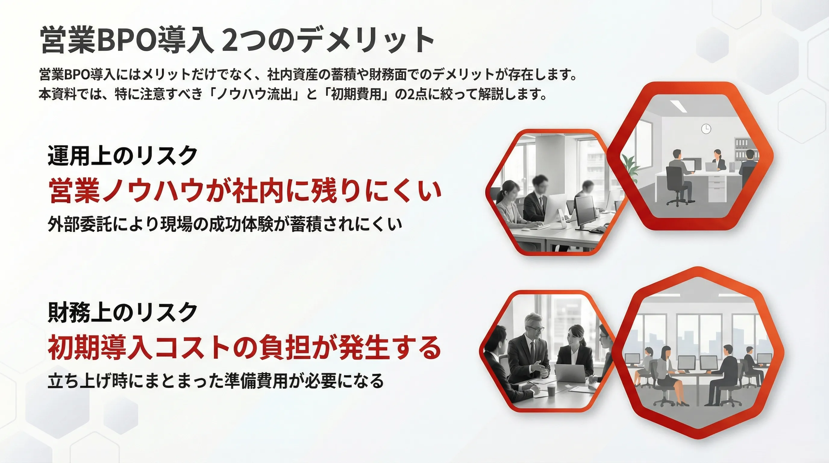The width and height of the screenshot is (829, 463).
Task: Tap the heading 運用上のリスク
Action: pyautogui.click(x=123, y=156)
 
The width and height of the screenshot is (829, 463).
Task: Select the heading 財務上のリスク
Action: pyautogui.click(x=123, y=312)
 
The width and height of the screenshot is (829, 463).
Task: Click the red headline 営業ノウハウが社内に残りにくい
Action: pyautogui.click(x=245, y=191)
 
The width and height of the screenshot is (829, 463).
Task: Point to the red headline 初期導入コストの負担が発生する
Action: pyautogui.click(x=244, y=348)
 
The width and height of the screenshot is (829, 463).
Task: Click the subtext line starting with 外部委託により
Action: pyautogui.click(x=225, y=224)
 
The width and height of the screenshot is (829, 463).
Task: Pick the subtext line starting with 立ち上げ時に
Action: pyautogui.click(x=216, y=381)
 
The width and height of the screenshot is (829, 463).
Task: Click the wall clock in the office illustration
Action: pyautogui.click(x=706, y=129)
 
